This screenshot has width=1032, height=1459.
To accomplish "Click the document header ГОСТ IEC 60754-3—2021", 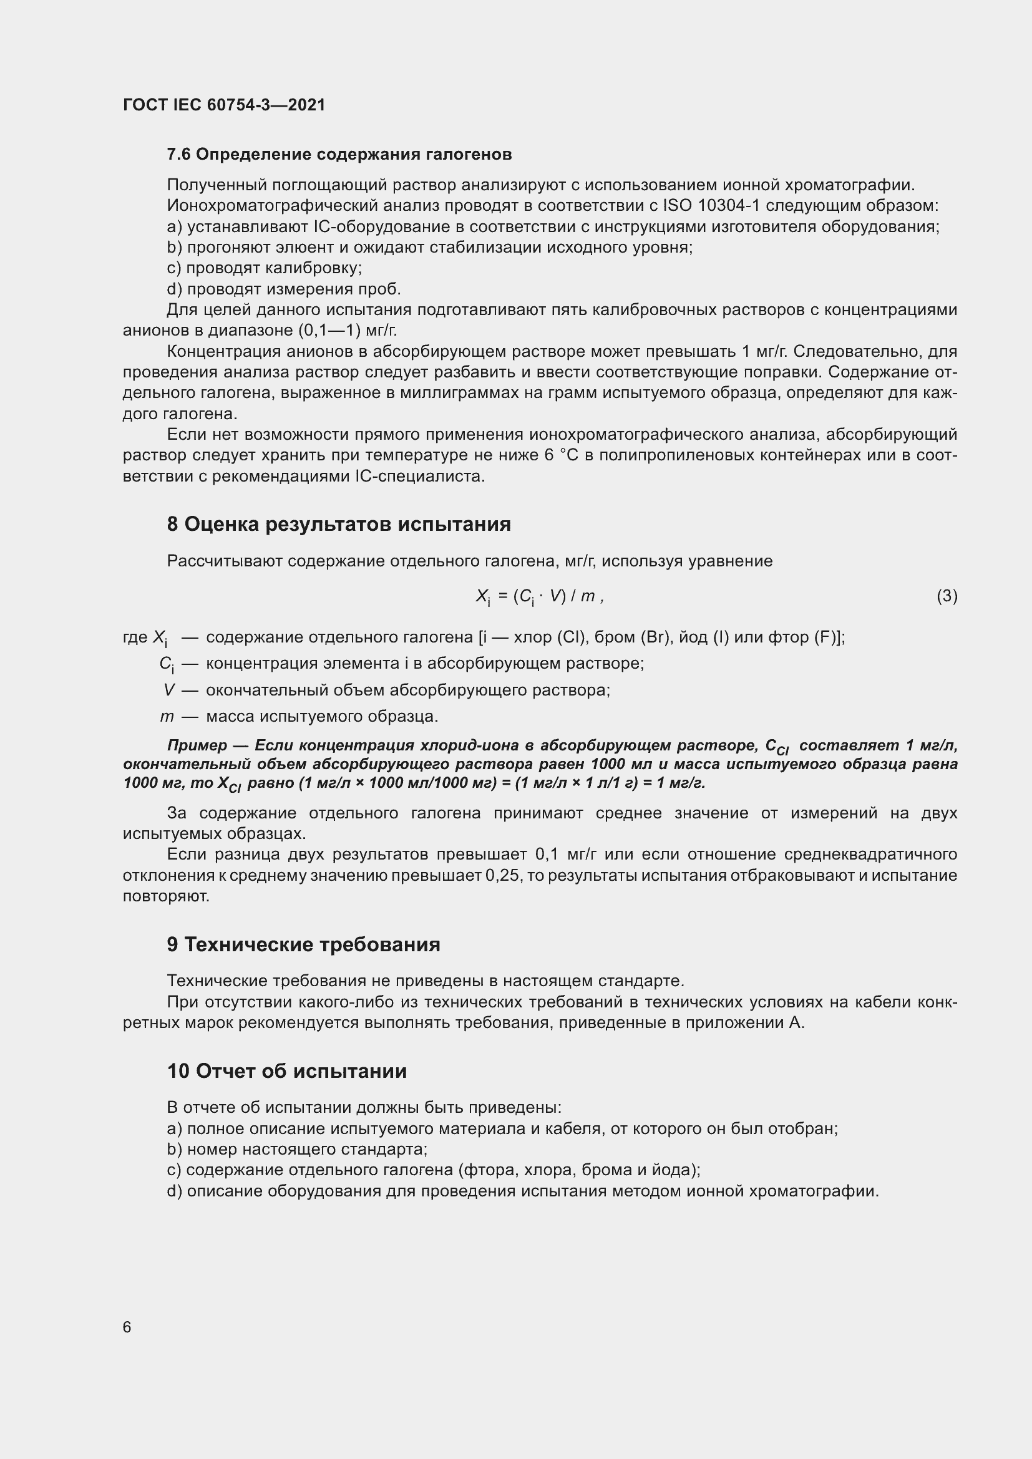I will click(224, 105).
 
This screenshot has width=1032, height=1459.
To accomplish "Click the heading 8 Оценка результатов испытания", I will click(339, 524).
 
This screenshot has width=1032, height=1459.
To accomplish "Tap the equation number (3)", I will click(947, 596).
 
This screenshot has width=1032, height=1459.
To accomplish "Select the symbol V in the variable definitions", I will click(168, 690).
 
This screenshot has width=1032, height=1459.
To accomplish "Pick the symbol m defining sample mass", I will click(167, 717).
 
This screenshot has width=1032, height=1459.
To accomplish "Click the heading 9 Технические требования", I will click(304, 944).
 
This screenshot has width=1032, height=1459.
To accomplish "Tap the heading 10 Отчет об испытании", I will click(287, 1072).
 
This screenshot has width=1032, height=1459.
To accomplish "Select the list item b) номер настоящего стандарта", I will click(297, 1150).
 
